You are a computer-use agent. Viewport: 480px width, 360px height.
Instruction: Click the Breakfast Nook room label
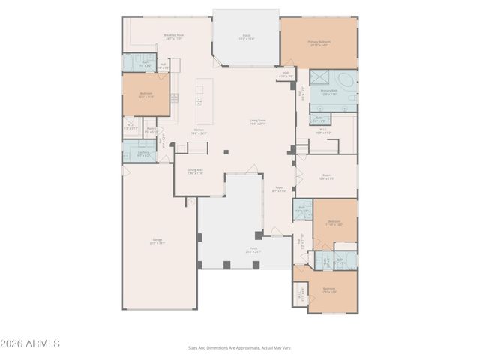click(175, 36)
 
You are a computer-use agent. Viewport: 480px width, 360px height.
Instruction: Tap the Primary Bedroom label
click(319, 43)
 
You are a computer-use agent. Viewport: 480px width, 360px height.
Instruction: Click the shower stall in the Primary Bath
click(322, 77)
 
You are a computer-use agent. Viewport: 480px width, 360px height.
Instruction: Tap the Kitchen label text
click(199, 130)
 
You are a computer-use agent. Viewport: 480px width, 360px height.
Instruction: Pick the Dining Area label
click(195, 172)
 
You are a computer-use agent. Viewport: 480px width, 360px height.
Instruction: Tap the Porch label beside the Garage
click(232, 249)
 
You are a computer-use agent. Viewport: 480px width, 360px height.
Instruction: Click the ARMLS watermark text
click(31, 343)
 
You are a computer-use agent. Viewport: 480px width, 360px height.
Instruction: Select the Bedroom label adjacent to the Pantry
click(145, 94)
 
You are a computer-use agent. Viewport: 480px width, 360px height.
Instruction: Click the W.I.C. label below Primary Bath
click(323, 129)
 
